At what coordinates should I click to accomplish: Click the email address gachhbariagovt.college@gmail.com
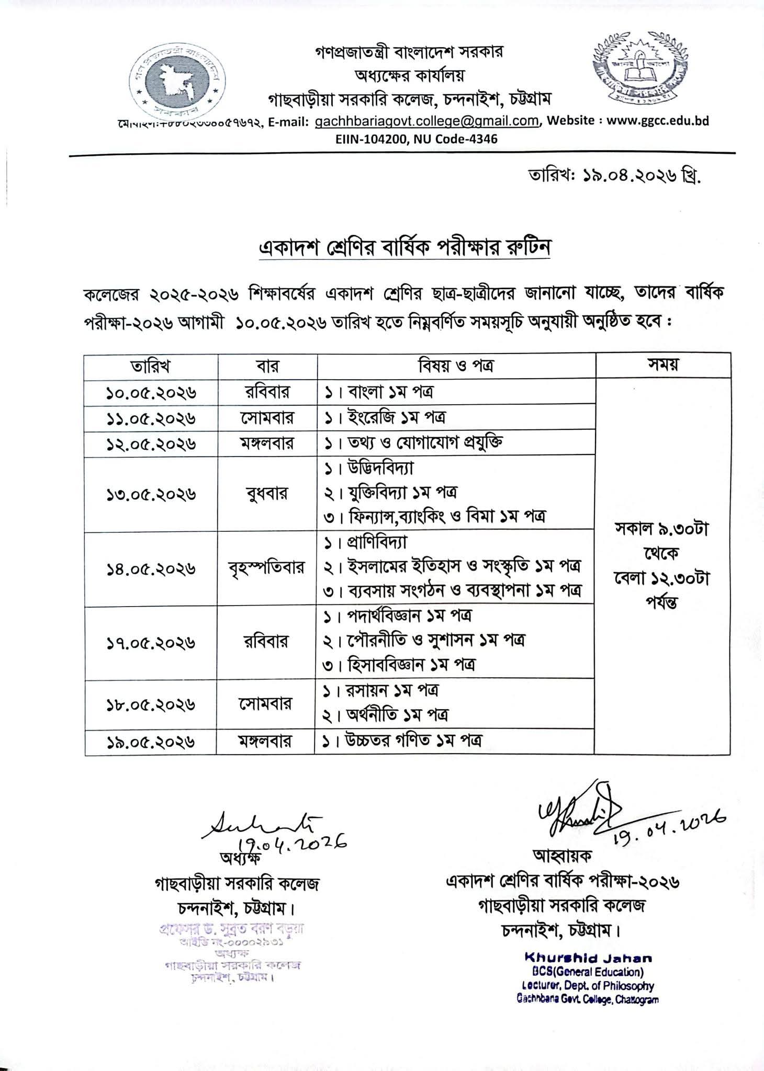point(426,121)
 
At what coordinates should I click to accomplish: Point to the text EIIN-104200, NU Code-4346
point(416,139)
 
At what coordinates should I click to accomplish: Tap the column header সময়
point(662,365)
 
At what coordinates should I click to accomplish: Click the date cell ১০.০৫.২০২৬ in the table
point(151,392)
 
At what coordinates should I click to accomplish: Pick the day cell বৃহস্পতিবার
point(266,568)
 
